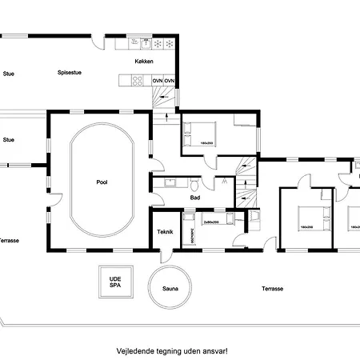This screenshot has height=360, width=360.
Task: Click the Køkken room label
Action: pos(144,62)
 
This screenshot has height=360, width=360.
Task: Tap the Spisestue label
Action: pos(70,73)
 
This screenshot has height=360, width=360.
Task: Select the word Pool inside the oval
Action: pos(102,182)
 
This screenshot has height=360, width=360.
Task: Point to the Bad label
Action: pos(194,197)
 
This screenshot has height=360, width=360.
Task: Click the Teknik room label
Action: pos(166,232)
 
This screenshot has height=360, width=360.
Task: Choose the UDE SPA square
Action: pos(115,283)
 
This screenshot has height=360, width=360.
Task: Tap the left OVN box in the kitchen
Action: pos(158,80)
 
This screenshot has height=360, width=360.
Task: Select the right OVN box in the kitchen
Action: pos(170,80)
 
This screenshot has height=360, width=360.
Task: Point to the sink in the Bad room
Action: pos(170,183)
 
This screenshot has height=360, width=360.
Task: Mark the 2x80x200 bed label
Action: pos(212,221)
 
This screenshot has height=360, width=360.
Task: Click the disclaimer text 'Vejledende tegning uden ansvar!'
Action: pos(172,350)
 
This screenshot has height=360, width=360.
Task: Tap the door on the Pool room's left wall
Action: pos(55,199)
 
